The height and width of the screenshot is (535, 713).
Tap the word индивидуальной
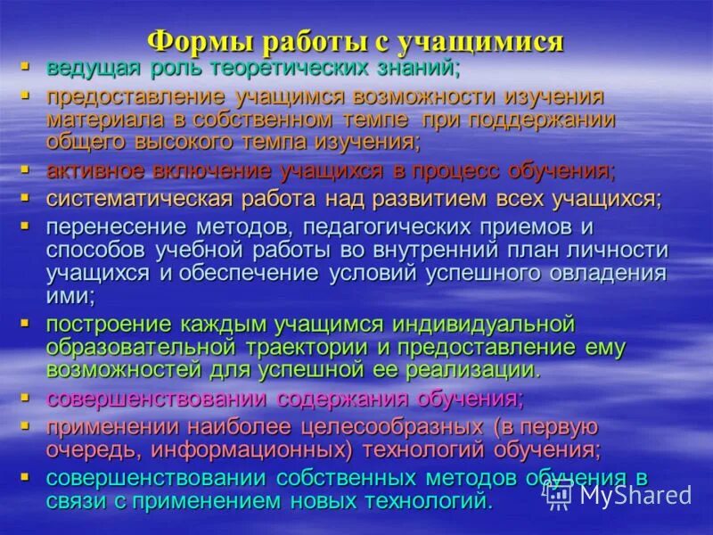(x=474, y=324)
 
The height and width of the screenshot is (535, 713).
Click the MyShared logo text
(x=634, y=494)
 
